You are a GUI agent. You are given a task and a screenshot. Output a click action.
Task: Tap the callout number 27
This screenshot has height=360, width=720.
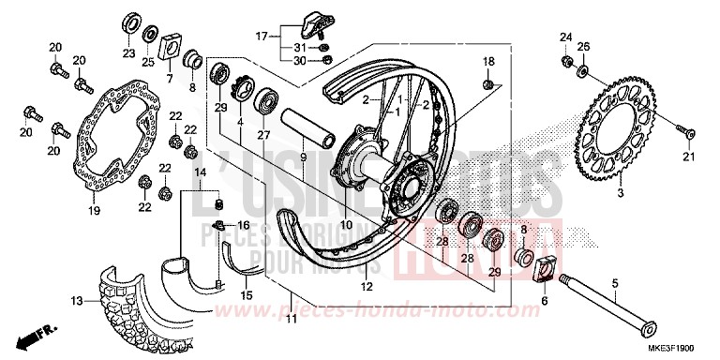tap(262, 135)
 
